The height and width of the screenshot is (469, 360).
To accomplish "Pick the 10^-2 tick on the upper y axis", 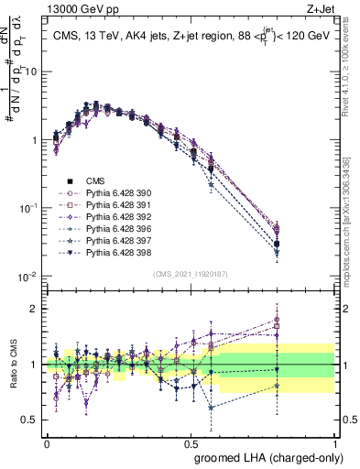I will click(29, 277).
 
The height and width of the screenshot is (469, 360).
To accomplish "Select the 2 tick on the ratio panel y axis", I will click(36, 309).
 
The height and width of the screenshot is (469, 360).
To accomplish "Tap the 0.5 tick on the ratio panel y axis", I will click(32, 421).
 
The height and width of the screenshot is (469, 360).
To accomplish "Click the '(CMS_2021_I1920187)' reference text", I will click(191, 273).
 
